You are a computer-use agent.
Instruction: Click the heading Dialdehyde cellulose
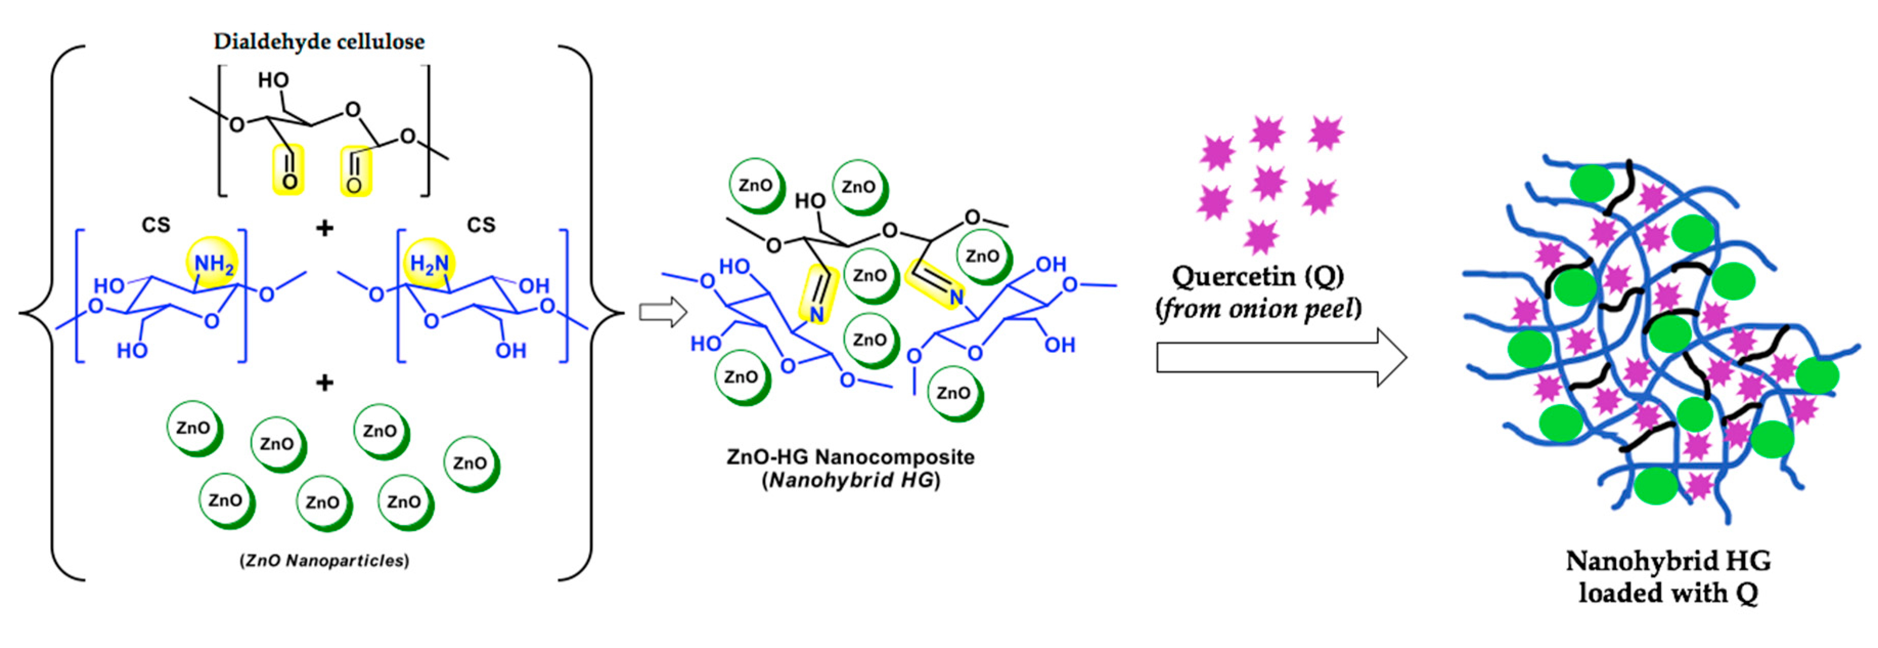coord(319,41)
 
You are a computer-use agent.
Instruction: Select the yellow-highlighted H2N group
coord(430,263)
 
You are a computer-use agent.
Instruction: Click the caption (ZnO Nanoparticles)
coord(324,561)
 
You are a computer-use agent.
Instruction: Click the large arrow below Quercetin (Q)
coord(1281,357)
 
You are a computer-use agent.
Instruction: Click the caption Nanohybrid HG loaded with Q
coord(1668,576)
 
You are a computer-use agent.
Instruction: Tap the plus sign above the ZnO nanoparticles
coord(324,382)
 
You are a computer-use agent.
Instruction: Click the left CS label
coord(155,225)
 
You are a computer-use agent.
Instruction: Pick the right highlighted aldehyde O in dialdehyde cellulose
coord(354,185)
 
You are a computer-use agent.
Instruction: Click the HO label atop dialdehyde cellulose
coord(274,80)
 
